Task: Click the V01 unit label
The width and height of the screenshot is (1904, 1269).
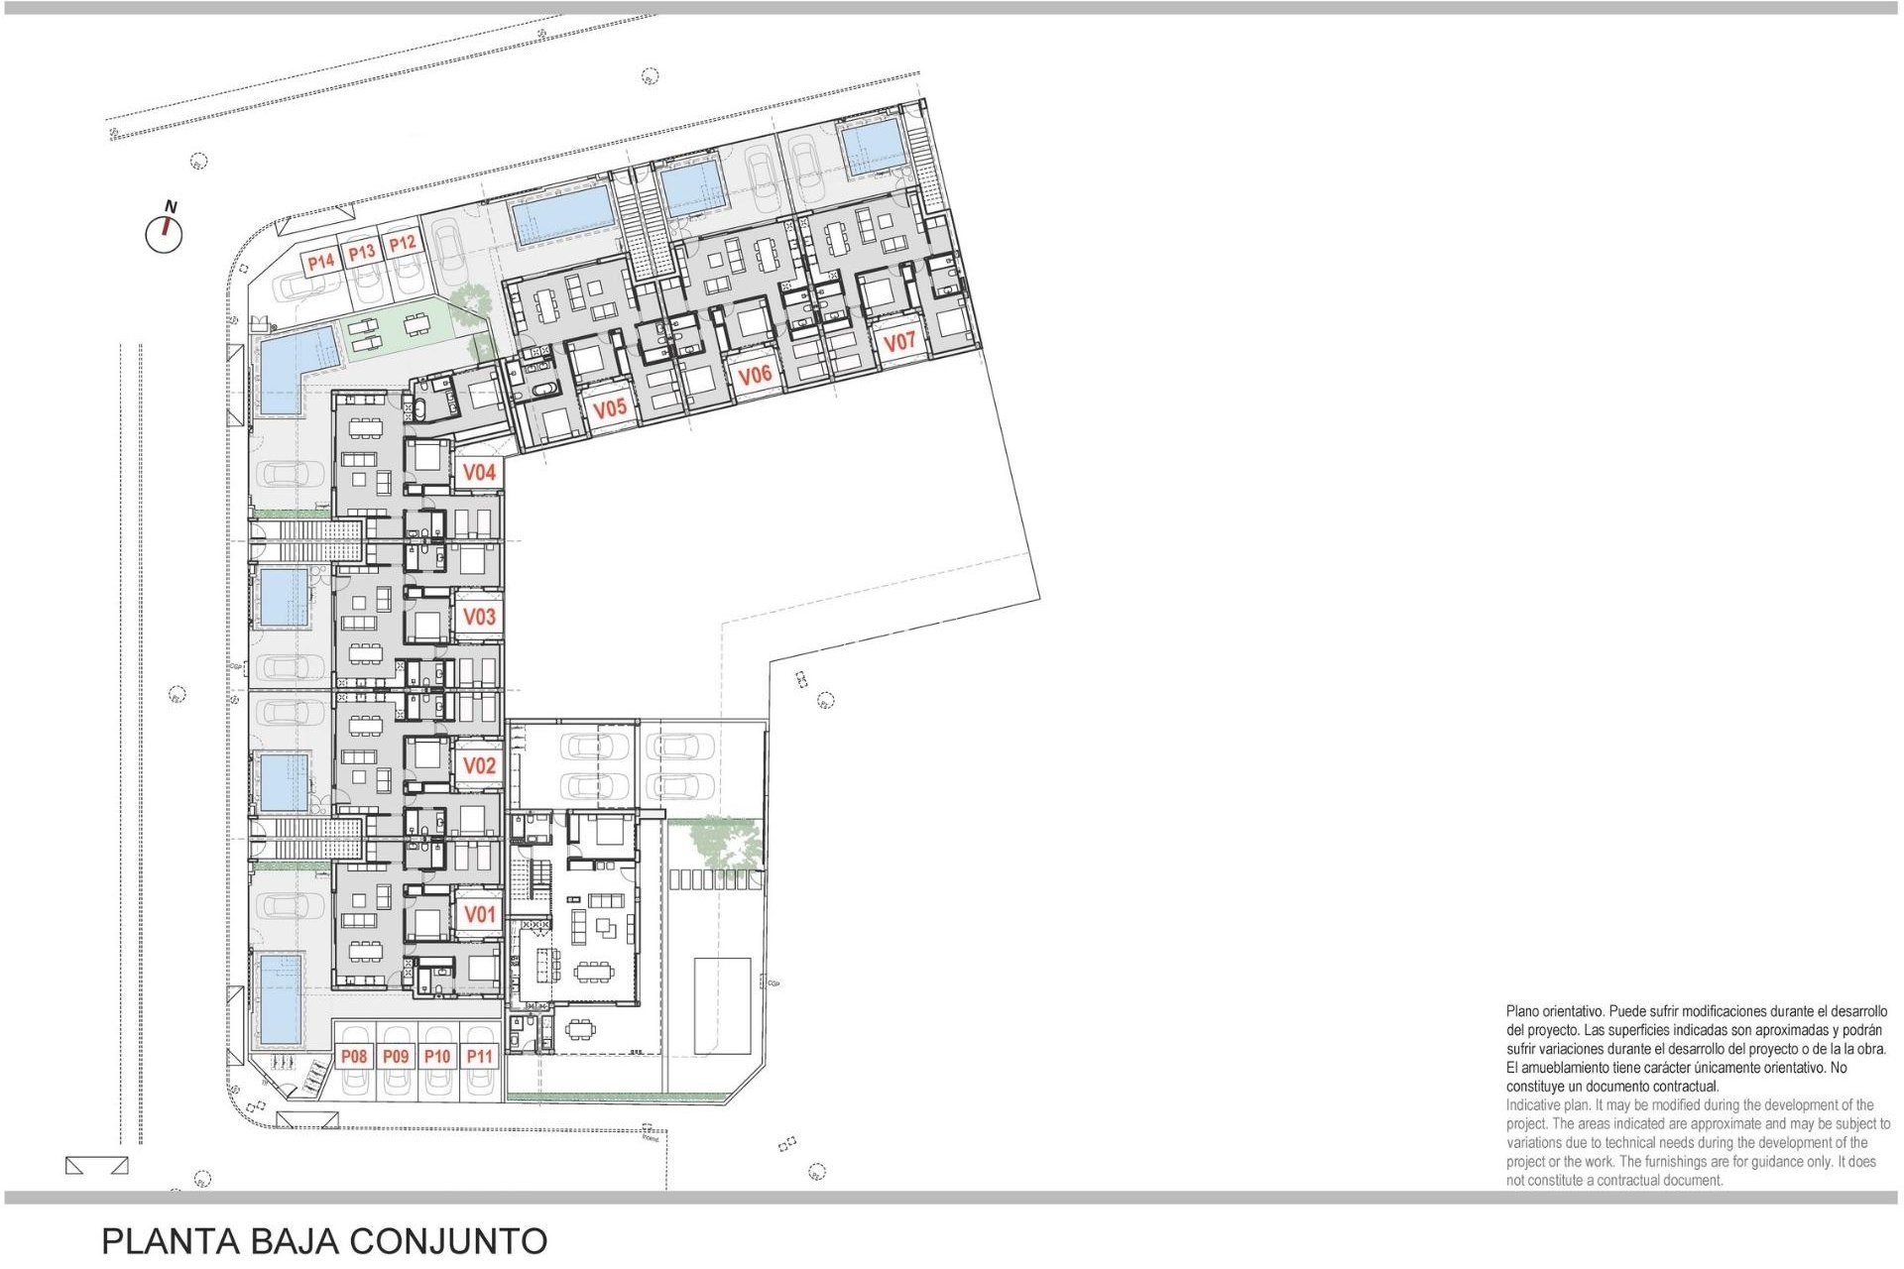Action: point(480,914)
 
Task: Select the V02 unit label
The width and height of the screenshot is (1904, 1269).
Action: point(480,765)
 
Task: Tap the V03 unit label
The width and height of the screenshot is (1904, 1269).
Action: point(480,617)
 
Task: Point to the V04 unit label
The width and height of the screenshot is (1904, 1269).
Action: point(480,473)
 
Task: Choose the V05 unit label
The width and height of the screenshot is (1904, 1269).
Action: point(610,407)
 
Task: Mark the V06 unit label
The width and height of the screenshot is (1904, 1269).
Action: point(755,375)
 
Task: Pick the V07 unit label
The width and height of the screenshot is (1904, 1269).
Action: point(899,342)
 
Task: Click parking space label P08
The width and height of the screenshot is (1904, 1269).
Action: point(354,1057)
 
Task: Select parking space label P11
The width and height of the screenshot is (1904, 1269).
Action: point(480,1057)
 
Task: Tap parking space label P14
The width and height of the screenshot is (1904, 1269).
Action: point(320,263)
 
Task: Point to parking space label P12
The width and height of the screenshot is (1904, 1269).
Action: point(402,244)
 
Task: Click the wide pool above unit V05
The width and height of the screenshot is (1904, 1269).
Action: point(562,214)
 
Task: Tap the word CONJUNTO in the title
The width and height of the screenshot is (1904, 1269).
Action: point(448,1241)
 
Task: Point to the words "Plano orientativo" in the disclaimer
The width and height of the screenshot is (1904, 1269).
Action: point(1554,1012)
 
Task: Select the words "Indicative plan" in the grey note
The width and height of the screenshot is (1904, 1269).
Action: point(1548,1105)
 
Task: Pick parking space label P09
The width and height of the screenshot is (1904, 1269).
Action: point(396,1057)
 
